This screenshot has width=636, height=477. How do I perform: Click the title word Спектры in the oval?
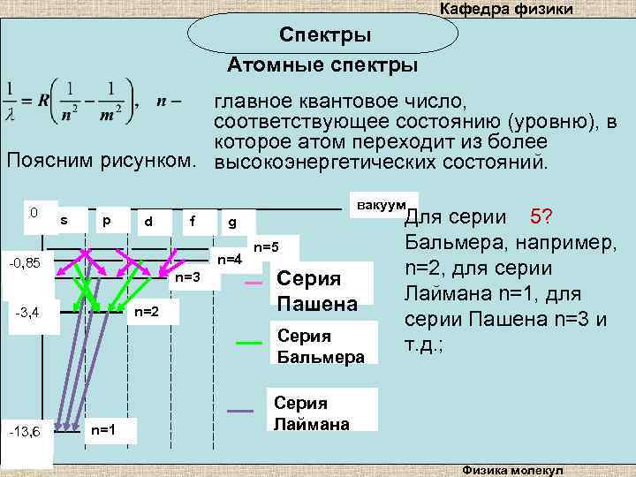pyautogui.click(x=325, y=35)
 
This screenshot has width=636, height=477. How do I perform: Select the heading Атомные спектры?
pyautogui.click(x=322, y=66)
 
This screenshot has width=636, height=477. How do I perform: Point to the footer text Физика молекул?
pyautogui.click(x=518, y=469)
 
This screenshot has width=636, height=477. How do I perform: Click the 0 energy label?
pyautogui.click(x=33, y=212)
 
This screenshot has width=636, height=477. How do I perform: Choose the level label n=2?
pyautogui.click(x=146, y=312)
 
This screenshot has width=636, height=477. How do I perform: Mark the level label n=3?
pyautogui.click(x=187, y=277)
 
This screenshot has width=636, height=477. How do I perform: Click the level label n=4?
pyautogui.click(x=230, y=259)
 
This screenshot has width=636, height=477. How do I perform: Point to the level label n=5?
pyautogui.click(x=266, y=246)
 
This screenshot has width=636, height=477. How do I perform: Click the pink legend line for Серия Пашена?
pyautogui.click(x=253, y=283)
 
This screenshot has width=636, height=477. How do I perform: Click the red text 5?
pyautogui.click(x=541, y=216)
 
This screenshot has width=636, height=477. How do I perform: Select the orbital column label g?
pyautogui.click(x=231, y=221)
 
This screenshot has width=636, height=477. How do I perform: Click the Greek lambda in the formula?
pyautogui.click(x=10, y=114)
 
